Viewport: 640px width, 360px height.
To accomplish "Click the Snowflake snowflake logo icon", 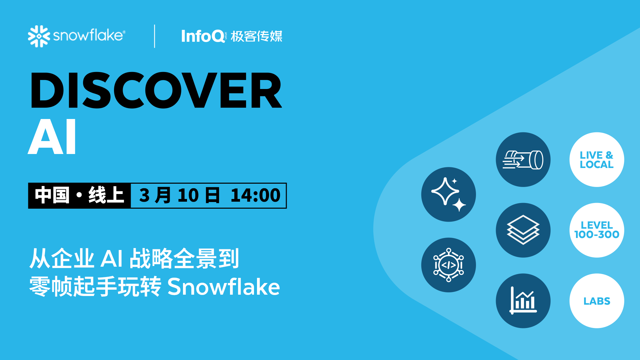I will click(39, 36).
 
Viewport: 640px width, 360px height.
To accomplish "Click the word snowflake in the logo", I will click(89, 35).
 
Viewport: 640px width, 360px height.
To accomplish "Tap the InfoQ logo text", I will click(203, 36).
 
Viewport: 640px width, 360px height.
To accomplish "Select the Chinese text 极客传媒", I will click(256, 36).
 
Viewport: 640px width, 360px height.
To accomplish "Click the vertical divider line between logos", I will click(155, 36).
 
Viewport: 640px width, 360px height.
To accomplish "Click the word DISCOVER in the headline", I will click(156, 91).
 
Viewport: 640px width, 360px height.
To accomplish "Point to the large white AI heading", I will click(52, 137).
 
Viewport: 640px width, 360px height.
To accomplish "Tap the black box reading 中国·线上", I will click(79, 196).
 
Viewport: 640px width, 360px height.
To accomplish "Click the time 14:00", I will click(255, 196).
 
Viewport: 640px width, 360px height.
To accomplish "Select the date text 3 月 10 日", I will click(179, 196).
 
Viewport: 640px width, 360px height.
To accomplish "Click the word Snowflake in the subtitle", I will click(223, 287).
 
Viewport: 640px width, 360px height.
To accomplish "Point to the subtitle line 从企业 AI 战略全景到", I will click(134, 259).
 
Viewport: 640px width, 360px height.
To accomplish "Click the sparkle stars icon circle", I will click(448, 194).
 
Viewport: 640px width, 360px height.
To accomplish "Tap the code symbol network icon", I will click(448, 265).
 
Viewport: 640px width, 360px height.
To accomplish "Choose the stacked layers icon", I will click(523, 230).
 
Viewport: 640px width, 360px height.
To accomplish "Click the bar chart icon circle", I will click(523, 301).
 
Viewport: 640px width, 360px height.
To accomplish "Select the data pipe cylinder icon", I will click(523, 160).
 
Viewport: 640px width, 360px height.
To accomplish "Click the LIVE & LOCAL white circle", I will click(597, 160).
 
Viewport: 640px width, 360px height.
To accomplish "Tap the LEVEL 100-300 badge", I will click(597, 230).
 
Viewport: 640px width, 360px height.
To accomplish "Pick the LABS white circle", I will click(597, 301).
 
